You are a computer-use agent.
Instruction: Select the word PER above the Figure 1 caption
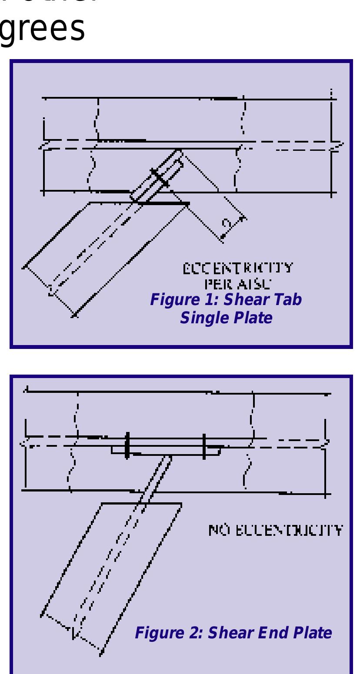[214, 285]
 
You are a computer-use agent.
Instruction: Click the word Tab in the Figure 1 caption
[286, 300]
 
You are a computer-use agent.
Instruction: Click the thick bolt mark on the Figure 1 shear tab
[160, 179]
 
